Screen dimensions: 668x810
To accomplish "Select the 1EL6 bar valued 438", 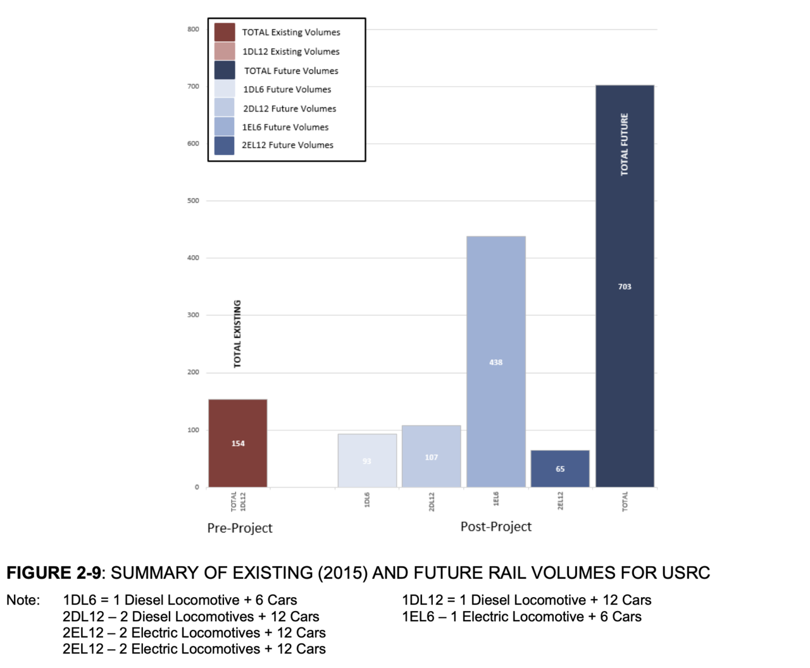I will point(496,317).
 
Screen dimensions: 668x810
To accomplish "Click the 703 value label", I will point(625,287).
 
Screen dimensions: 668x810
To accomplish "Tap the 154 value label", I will point(238,444).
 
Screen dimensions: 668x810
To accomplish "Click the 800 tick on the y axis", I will point(193,29).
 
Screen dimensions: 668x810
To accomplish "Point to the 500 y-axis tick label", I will point(193,201).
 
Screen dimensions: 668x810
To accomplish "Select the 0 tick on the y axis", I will point(197,487).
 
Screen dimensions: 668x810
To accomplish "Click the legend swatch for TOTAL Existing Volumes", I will point(225,32).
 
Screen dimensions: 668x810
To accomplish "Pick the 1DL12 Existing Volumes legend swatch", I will point(225,51).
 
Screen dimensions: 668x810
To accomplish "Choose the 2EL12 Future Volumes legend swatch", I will point(225,146).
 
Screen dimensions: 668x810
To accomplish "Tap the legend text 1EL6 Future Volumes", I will point(285,127).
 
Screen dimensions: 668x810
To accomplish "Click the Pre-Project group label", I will point(240,528).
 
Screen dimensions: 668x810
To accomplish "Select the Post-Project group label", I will point(496,527).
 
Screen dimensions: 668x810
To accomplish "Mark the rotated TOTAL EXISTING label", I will point(237,334).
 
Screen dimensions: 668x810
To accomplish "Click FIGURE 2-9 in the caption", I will point(54,573).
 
